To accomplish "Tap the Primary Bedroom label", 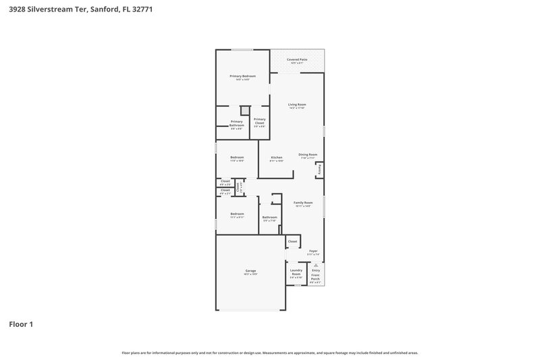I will [242, 76].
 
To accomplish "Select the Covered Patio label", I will [298, 60].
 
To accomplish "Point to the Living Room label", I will [297, 105].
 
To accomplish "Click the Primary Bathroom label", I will [237, 123].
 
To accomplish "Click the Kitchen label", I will [277, 157].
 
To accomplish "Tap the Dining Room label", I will [308, 155].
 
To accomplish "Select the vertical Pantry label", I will [319, 170].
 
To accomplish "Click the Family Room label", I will [303, 203].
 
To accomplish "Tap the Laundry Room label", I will [296, 272].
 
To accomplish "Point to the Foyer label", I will [313, 251].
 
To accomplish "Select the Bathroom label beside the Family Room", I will [269, 217].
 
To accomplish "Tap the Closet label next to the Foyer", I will [292, 241].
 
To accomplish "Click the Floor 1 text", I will [21, 324].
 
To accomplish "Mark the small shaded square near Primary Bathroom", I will [246, 111].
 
